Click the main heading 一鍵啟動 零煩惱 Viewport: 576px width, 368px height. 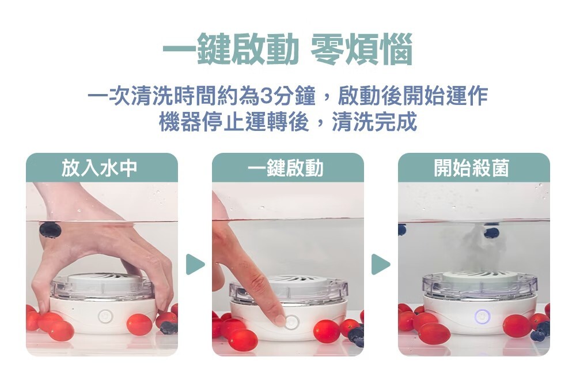(x=287, y=49)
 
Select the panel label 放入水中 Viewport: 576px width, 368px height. (x=99, y=168)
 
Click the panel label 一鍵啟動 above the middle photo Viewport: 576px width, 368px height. (x=286, y=168)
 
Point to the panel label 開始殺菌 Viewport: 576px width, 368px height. (x=472, y=168)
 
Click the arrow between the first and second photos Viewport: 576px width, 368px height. (x=195, y=264)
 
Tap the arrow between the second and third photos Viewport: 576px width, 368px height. (x=380, y=264)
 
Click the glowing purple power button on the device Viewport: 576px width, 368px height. (x=482, y=317)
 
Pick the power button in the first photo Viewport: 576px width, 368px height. (x=105, y=317)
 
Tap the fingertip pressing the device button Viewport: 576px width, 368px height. (x=281, y=320)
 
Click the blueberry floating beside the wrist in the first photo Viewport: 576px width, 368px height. (x=50, y=230)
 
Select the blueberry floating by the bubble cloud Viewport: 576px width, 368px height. (x=491, y=232)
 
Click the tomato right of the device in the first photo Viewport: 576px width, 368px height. (x=139, y=324)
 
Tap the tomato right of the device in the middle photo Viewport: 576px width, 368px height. (x=327, y=331)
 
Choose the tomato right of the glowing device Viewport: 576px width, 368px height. (x=517, y=326)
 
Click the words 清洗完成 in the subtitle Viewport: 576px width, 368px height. (x=374, y=122)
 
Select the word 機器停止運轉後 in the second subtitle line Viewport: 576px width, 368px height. (x=234, y=122)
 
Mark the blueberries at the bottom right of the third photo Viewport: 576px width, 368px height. (x=540, y=331)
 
